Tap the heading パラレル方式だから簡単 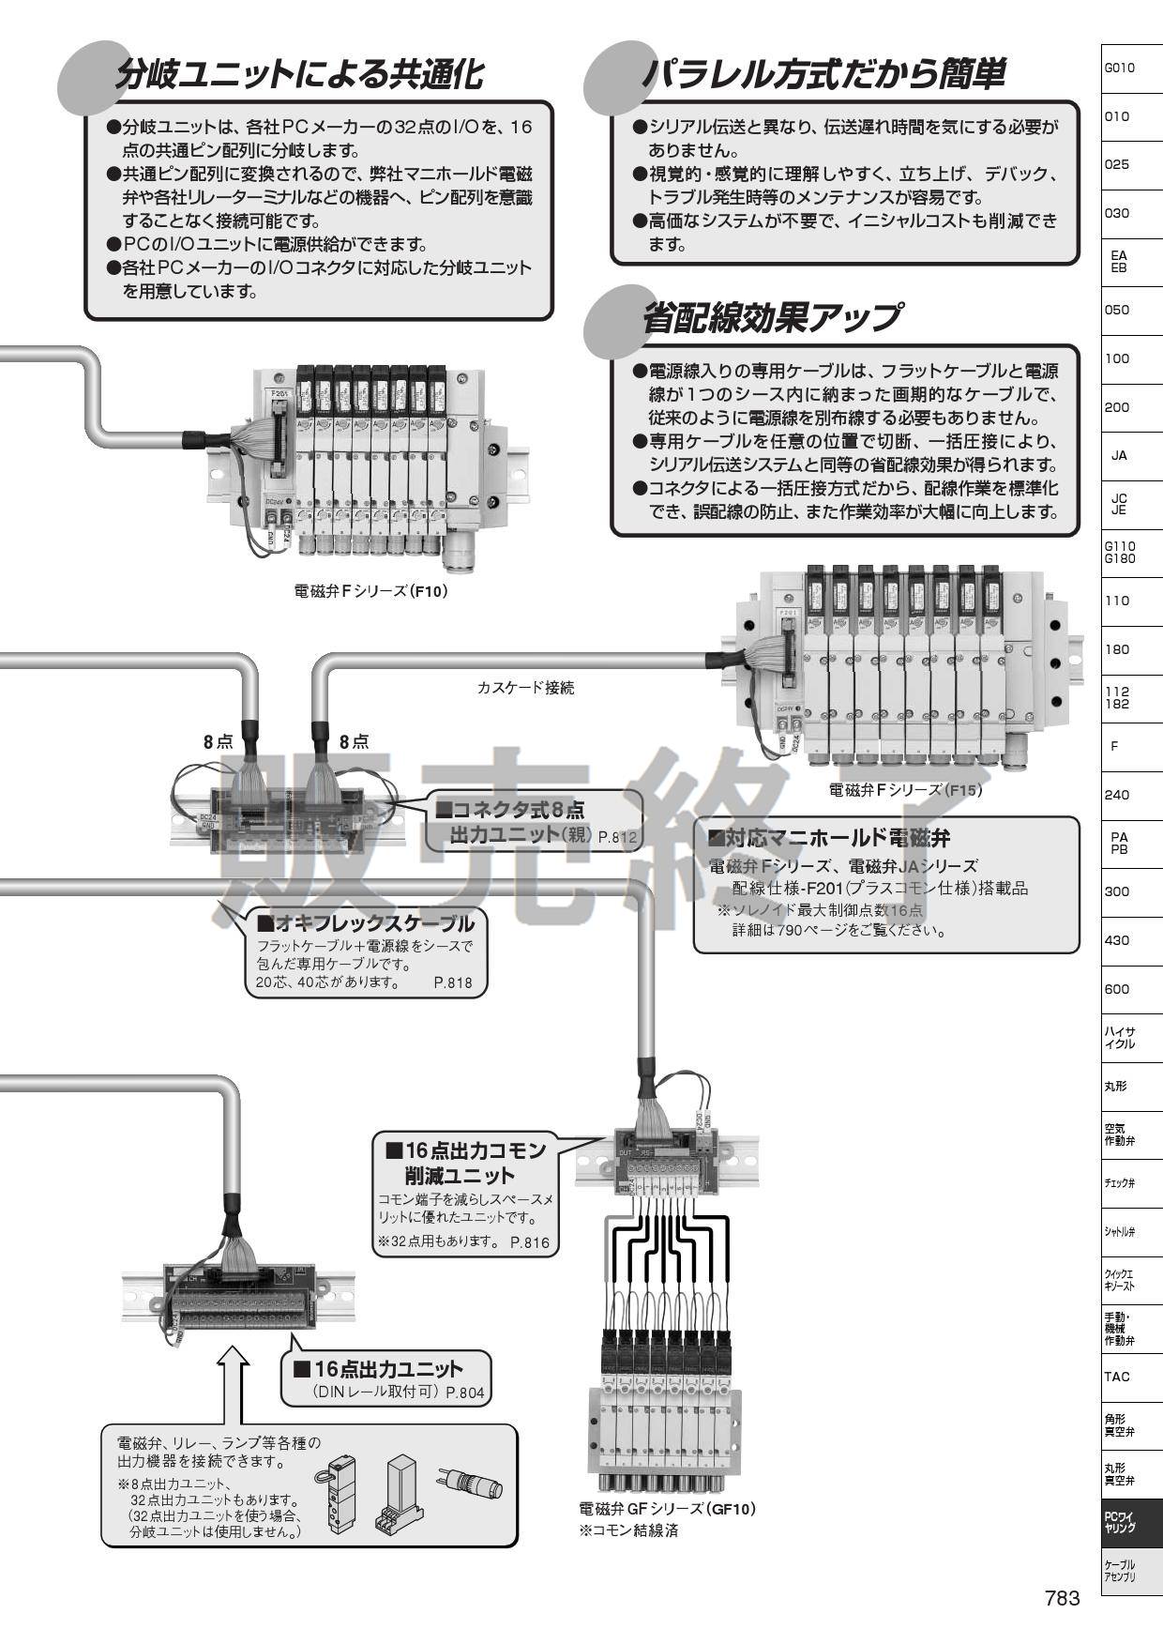coord(824,74)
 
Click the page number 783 coord(1063,1598)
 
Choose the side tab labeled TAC coord(1117,1377)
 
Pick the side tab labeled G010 coord(1120,68)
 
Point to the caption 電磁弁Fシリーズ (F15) coord(905,789)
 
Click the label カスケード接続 coord(525,688)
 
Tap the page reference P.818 coord(453,983)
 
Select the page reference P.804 coord(465,1393)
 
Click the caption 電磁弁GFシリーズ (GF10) coord(668,1509)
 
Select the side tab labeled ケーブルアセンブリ coord(1120,1571)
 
